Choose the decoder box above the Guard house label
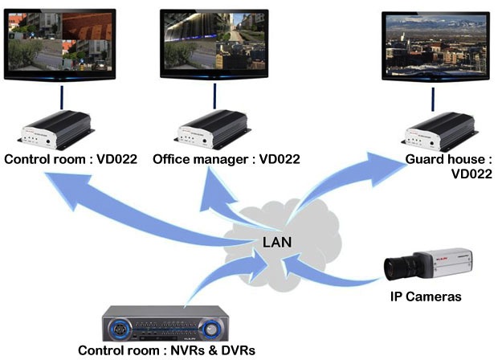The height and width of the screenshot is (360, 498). pyautogui.click(x=437, y=129)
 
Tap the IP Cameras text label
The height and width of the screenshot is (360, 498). pyautogui.click(x=426, y=297)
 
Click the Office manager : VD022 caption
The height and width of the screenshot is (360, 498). pyautogui.click(x=226, y=159)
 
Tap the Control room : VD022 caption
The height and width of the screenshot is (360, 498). pyautogui.click(x=71, y=159)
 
